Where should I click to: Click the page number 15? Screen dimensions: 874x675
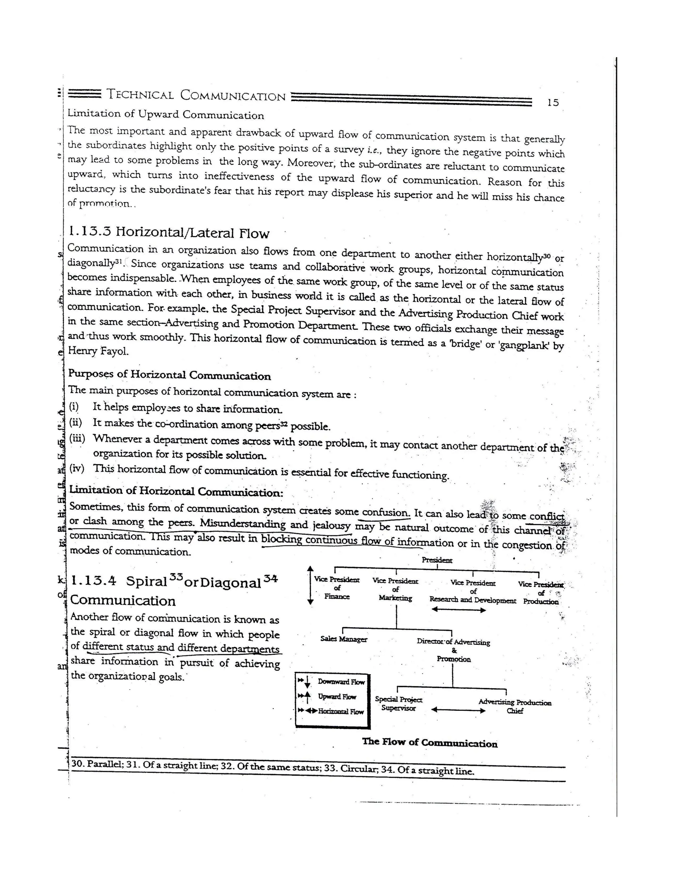point(553,103)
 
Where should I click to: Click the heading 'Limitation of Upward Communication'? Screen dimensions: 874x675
point(165,114)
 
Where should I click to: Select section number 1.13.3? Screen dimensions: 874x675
point(90,231)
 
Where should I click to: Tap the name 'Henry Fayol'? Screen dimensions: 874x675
point(98,351)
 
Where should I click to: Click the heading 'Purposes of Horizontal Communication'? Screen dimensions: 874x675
point(169,375)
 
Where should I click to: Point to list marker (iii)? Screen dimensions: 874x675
point(77,438)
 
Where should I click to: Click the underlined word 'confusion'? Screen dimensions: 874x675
point(386,512)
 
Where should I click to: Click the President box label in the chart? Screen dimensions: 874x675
point(437,560)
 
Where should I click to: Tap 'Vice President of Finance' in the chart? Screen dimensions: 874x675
point(337,588)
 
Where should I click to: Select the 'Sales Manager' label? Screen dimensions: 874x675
point(343,639)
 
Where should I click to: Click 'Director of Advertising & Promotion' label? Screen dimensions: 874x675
point(453,650)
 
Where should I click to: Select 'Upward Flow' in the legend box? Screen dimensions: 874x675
point(337,697)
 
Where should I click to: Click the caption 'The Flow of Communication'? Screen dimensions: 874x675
point(429,742)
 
